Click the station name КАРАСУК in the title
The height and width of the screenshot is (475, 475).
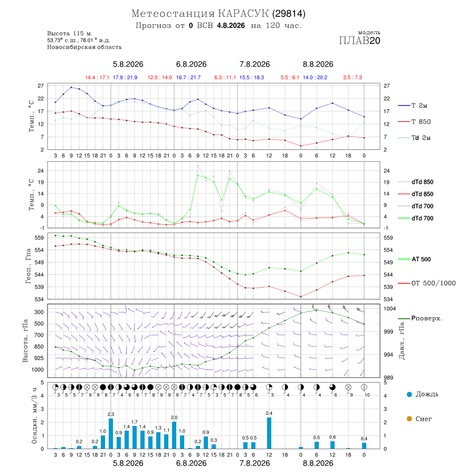(x=243, y=13)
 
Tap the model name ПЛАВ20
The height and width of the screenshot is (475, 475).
(x=359, y=41)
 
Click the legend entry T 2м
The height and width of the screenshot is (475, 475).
(x=413, y=106)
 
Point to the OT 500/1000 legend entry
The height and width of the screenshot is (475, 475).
(x=427, y=283)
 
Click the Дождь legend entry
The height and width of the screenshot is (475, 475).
(x=423, y=394)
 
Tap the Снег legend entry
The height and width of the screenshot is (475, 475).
(x=419, y=419)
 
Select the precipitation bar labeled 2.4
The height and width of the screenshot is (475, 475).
(x=269, y=433)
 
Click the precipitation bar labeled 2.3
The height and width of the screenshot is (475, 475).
(x=111, y=433)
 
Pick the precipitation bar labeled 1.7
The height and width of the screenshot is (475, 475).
(x=135, y=438)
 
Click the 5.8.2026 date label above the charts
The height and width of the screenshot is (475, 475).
(x=128, y=64)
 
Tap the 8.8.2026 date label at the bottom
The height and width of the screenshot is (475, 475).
(x=318, y=463)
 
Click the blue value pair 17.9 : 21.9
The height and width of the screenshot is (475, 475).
(x=125, y=78)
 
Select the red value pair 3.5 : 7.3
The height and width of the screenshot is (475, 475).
(x=353, y=78)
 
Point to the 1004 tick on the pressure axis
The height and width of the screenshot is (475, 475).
(x=389, y=308)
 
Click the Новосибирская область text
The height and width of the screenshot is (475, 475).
(x=84, y=47)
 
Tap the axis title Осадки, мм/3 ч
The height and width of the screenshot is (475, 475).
(x=34, y=416)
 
